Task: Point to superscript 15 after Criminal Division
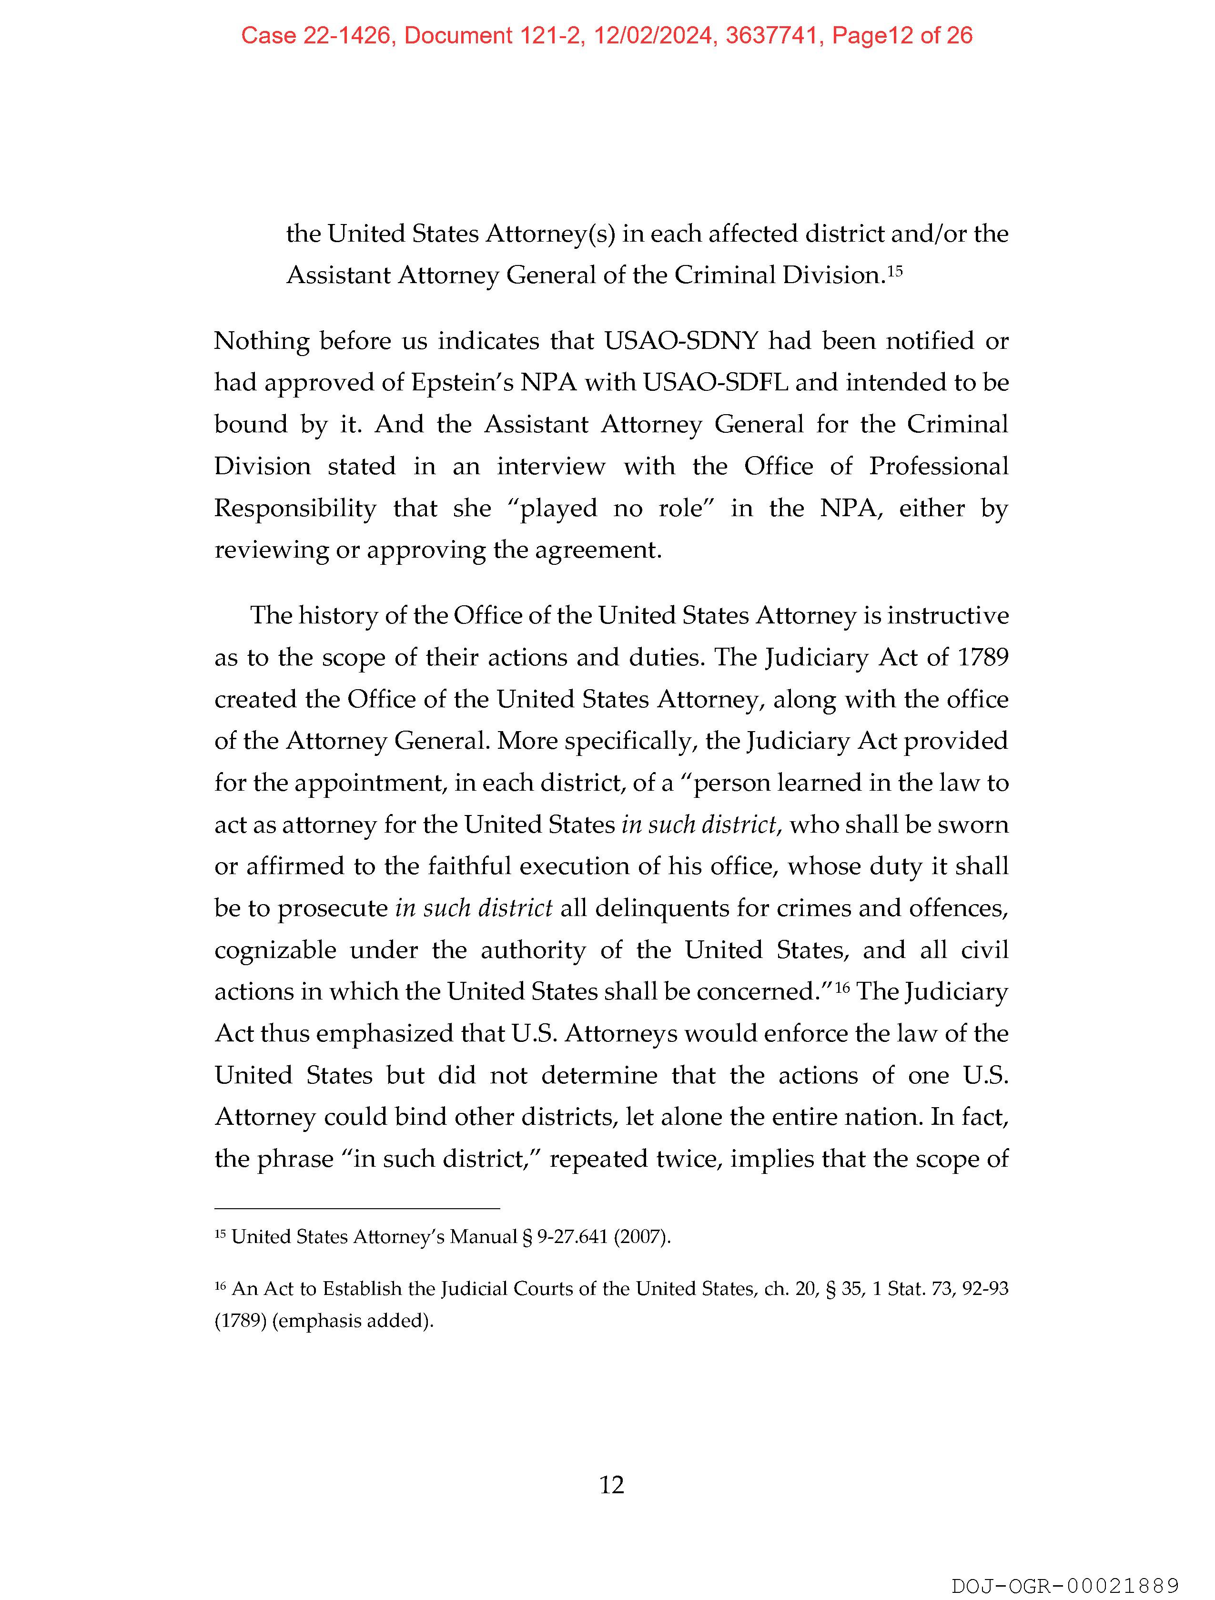point(895,271)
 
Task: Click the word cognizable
point(275,950)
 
